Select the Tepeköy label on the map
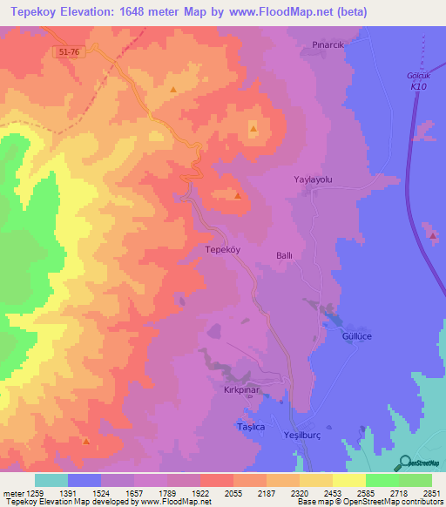[x=221, y=248]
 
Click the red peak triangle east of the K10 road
[x=433, y=236]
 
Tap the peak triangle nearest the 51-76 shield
[x=173, y=90]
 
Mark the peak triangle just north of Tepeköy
[x=237, y=195]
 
